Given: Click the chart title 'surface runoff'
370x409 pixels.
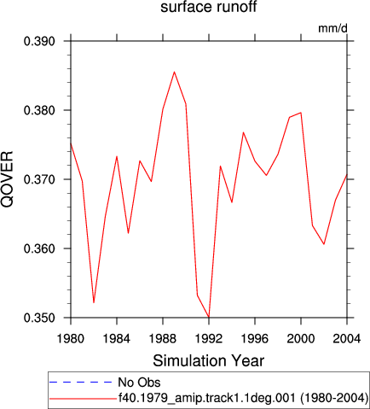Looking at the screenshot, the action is click(x=209, y=7).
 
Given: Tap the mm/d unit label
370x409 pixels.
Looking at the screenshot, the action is click(x=332, y=28).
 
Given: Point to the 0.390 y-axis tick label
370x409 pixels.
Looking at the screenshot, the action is click(x=39, y=41).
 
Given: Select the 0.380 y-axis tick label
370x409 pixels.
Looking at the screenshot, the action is click(x=39, y=110).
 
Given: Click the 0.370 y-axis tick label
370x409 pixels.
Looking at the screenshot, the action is click(x=39, y=179).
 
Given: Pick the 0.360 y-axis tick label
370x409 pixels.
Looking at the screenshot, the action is click(x=39, y=248).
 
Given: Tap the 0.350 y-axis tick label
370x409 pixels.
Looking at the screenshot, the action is click(x=39, y=318).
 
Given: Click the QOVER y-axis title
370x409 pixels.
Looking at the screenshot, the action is click(x=7, y=179).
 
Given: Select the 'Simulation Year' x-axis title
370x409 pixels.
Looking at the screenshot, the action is click(x=209, y=361).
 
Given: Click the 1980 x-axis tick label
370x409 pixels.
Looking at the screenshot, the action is click(x=71, y=339).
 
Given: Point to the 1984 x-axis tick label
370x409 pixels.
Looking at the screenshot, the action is click(x=117, y=339).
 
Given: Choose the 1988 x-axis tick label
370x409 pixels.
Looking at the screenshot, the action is click(x=163, y=339).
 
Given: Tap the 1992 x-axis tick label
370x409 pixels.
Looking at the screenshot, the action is click(x=209, y=339).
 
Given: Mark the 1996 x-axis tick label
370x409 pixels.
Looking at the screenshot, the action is click(x=255, y=339).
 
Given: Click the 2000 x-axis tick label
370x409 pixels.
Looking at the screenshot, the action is click(x=301, y=339).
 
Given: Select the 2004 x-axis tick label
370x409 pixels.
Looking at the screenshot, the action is click(x=347, y=339).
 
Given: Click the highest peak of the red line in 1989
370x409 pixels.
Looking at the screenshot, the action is click(x=174, y=72).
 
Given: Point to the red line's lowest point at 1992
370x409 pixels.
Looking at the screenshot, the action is click(x=209, y=317).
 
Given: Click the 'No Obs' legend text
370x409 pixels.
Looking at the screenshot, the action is click(x=139, y=383).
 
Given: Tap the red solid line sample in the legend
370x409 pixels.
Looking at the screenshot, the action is click(x=83, y=399).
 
